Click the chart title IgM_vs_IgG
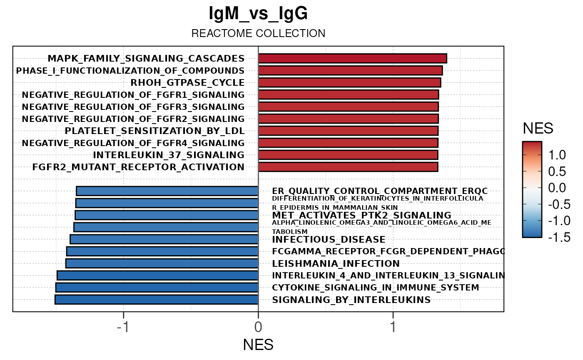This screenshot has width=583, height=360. pos(258,14)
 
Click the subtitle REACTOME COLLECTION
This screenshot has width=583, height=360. pos(258,33)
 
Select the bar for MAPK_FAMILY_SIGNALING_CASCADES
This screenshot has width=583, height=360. pos(352,58)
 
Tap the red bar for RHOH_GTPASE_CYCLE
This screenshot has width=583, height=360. pos(349,82)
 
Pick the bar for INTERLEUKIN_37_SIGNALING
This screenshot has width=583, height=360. pos(348,155)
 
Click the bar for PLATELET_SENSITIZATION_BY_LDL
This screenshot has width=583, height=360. pos(348,131)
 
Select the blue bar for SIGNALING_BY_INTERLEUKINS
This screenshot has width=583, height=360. pos(157,300)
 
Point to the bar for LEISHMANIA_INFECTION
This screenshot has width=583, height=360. pos(162,263)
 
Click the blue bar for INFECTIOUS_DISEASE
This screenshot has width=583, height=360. pos(164,239)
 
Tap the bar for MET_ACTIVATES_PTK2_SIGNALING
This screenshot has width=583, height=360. pos(167,215)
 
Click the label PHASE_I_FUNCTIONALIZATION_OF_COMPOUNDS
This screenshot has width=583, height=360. pos(130,71)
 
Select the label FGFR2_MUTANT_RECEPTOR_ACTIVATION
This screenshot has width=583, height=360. pos(138,167)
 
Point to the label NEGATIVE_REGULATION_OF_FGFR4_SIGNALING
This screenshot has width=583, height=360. pos(133,143)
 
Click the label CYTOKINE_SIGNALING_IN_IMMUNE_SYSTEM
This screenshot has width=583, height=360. pos(375,288)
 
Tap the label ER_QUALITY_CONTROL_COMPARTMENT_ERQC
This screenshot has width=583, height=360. pos(379,191)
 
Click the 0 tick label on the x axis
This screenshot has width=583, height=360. pos(258,327)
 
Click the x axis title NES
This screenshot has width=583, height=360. pos(258,345)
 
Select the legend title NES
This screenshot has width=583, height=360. pos(538,129)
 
